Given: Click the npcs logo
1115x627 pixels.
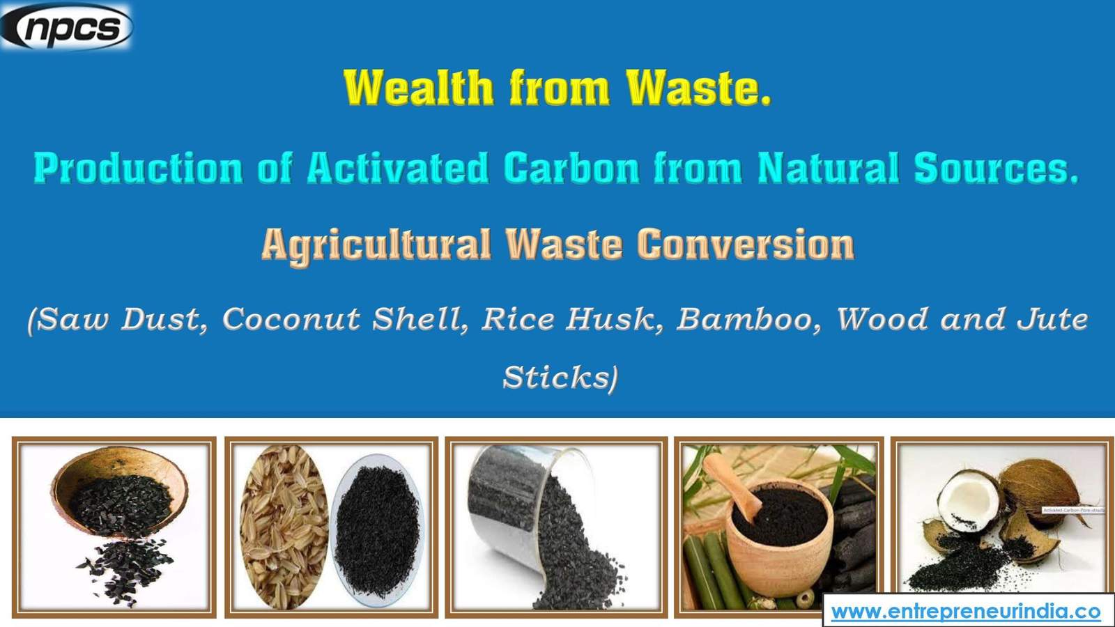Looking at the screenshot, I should point(67,27).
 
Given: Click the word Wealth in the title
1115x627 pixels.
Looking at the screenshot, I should point(418,88).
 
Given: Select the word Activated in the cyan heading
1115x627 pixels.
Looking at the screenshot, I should point(398,169).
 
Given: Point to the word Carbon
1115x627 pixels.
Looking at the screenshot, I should point(571,169).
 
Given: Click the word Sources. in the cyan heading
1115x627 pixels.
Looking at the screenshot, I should point(996,169).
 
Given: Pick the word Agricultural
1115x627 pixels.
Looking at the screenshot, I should point(376,245).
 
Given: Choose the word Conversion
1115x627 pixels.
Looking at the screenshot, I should point(745,245).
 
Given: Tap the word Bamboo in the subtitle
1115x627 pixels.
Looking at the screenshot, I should point(749,320).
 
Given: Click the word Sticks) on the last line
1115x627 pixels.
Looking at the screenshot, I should point(560,378).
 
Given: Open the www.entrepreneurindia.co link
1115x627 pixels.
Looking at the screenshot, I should point(966,612).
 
